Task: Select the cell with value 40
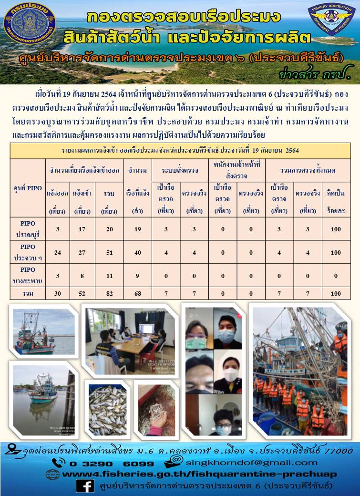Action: pyautogui.click(x=137, y=252)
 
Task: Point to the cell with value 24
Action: pyautogui.click(x=58, y=252)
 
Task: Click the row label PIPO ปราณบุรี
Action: pyautogui.click(x=28, y=229)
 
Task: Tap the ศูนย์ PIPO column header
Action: pyautogui.click(x=28, y=188)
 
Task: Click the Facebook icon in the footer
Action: pyautogui.click(x=85, y=486)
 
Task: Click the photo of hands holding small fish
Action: pyautogui.click(x=156, y=409)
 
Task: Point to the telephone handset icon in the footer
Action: pyautogui.click(x=59, y=463)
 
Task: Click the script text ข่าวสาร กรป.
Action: pyautogui.click(x=309, y=74)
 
